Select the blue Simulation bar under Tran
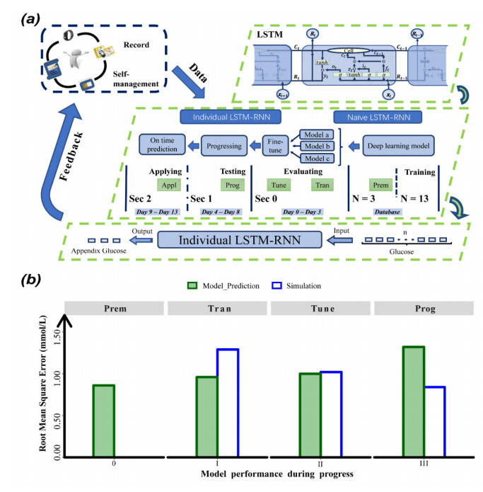(x=228, y=403)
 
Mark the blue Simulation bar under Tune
(x=330, y=414)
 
